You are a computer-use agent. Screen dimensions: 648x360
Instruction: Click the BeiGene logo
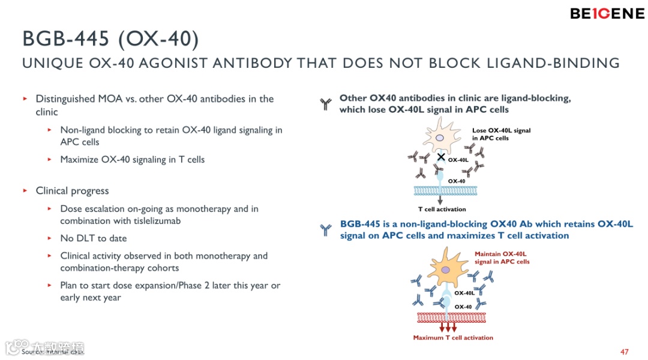coord(607,13)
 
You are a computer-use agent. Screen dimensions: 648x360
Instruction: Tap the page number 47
coord(625,352)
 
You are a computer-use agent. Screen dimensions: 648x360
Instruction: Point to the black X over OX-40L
coord(441,157)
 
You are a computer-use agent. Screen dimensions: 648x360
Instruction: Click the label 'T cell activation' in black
coord(442,209)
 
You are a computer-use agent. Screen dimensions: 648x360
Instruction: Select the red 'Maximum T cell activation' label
coord(453,338)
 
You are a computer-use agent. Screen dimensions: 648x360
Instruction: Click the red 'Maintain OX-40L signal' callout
coord(502,258)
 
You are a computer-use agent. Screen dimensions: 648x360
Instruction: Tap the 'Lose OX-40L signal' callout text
coord(501,134)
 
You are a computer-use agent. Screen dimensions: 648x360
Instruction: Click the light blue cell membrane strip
coord(441,191)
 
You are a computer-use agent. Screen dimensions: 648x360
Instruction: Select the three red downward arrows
coord(448,328)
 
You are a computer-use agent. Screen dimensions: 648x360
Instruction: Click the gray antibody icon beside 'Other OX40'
coord(326,105)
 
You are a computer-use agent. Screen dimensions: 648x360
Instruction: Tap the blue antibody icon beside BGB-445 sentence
coord(326,230)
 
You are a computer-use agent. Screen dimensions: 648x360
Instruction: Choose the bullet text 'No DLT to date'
coord(93,238)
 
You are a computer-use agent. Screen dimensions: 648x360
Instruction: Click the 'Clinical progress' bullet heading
coord(72,191)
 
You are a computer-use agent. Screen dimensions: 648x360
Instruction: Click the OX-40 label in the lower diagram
coord(463,307)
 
